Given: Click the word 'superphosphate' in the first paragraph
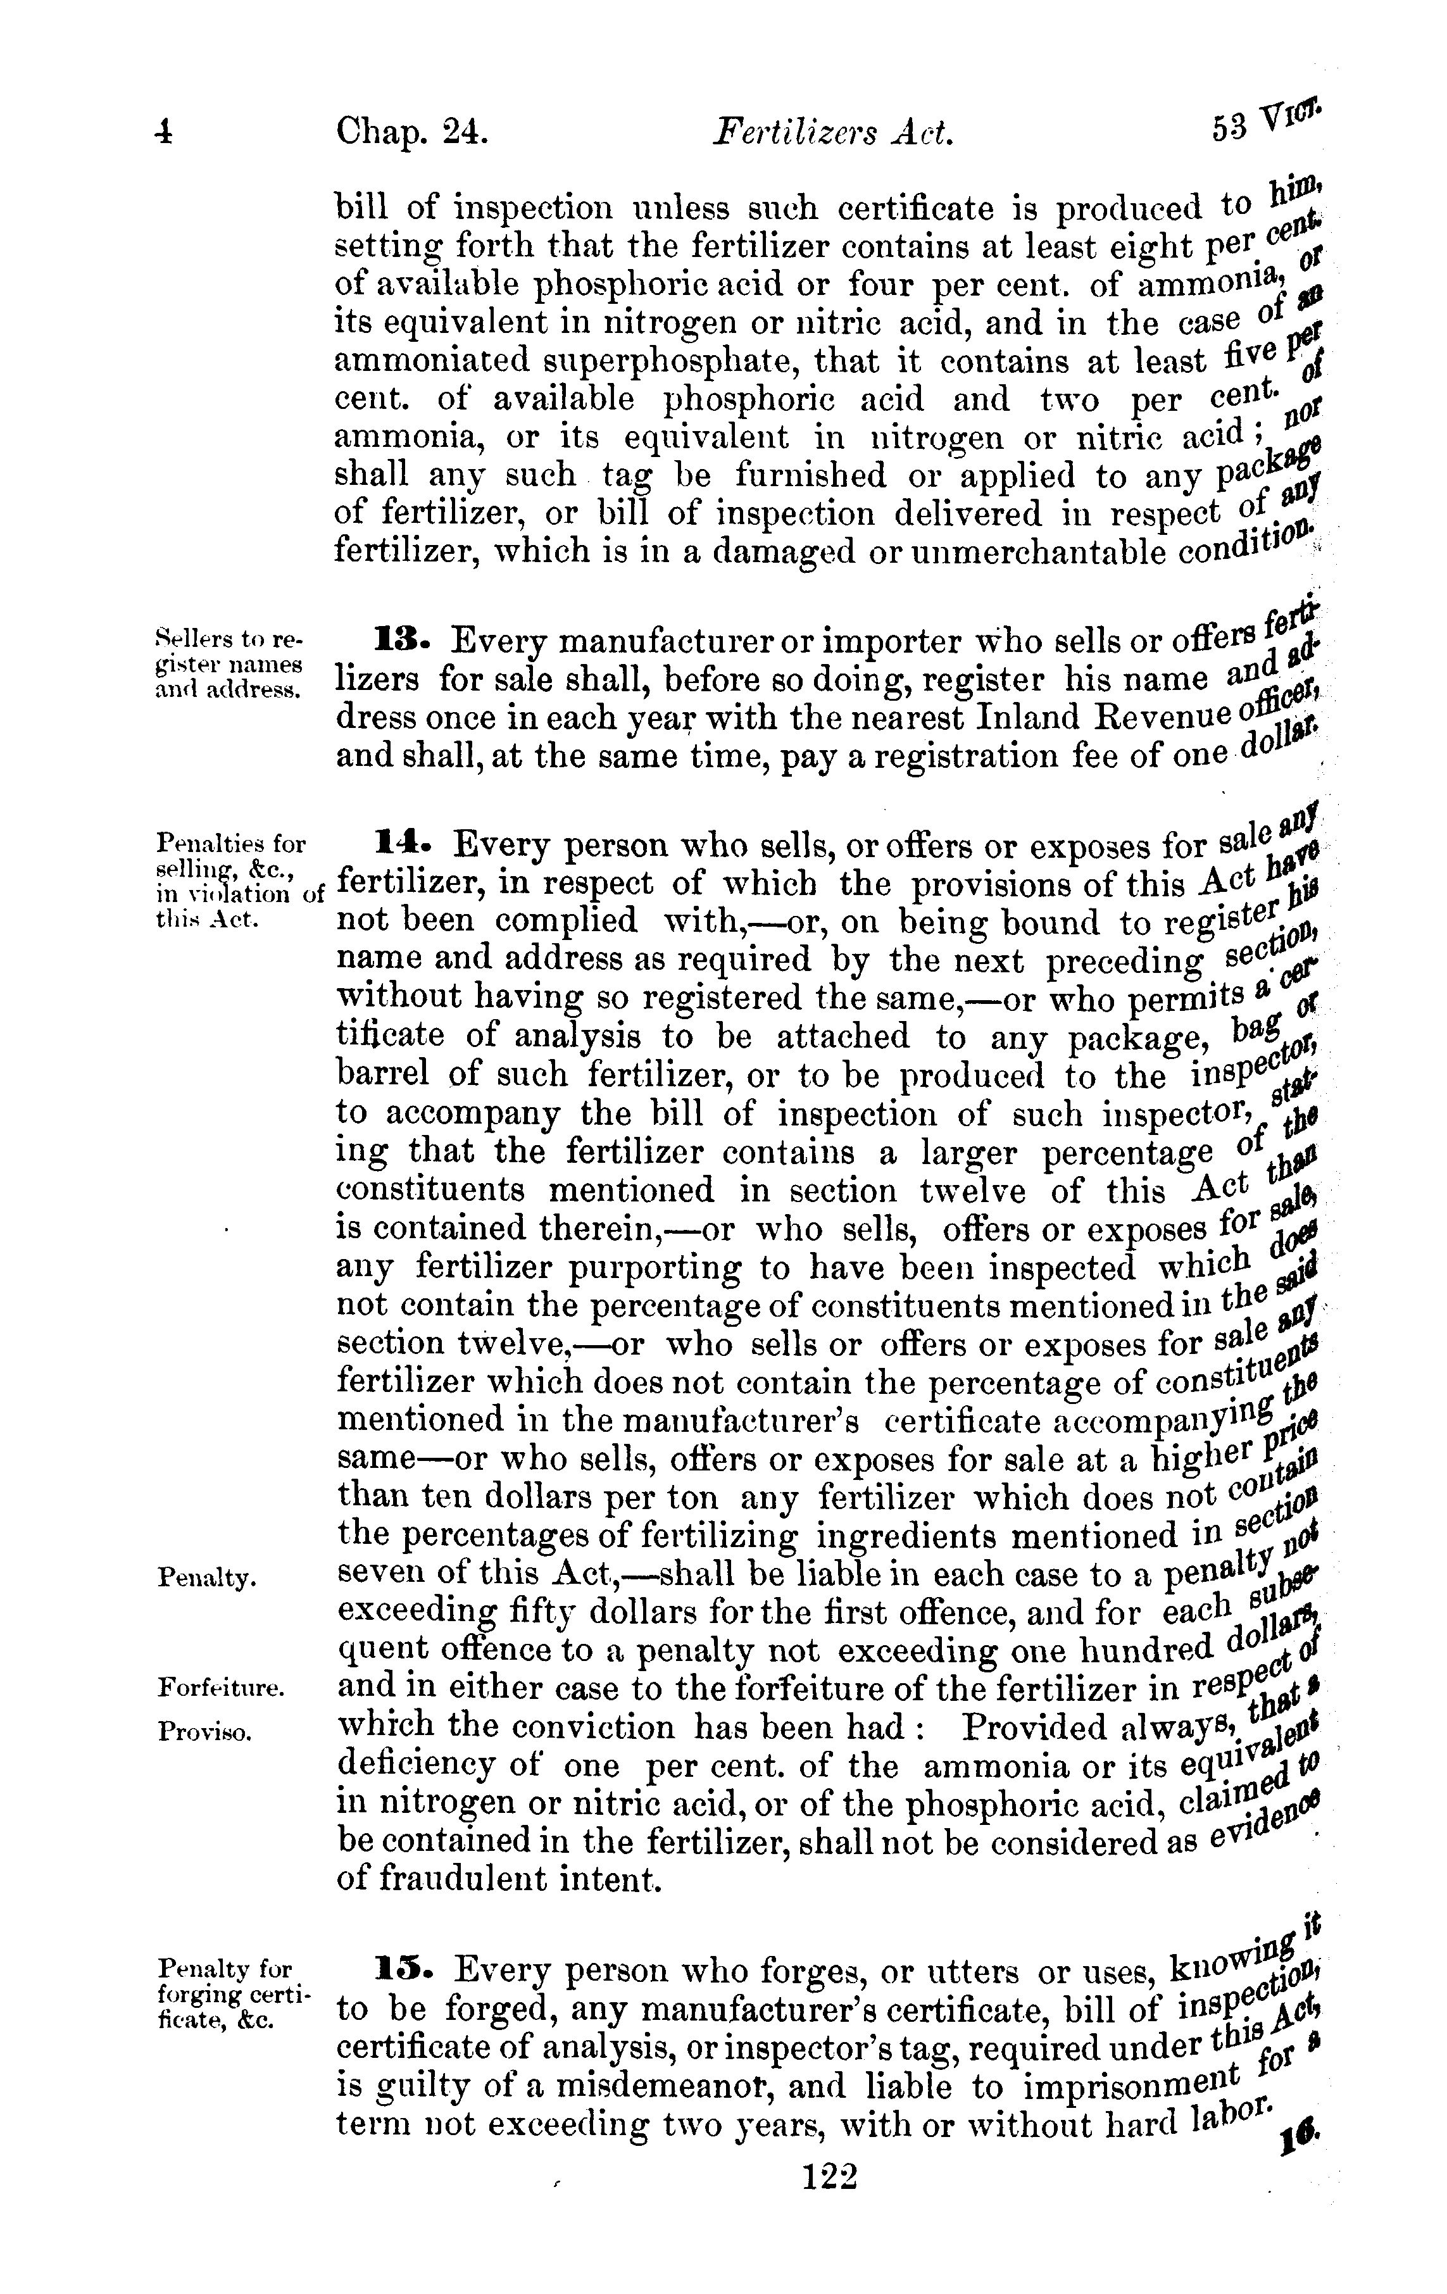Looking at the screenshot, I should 615,363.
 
